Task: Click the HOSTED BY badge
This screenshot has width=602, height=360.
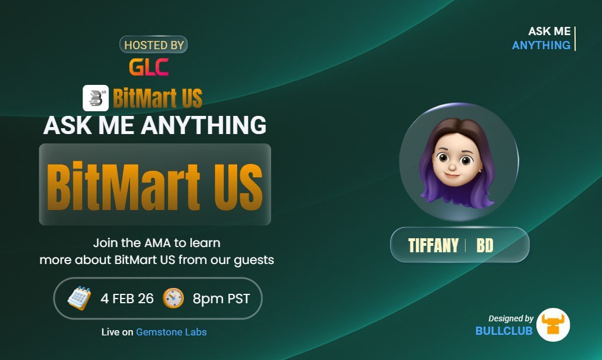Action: point(153,45)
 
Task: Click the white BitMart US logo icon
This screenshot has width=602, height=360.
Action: point(95,98)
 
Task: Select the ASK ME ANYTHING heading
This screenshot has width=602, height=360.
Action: point(155,125)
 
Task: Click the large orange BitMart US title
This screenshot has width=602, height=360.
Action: point(155,184)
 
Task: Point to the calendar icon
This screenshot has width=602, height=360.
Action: point(79,299)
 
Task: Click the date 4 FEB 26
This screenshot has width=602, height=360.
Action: point(127,299)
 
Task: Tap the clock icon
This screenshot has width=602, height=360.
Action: point(173,299)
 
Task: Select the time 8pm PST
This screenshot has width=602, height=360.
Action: point(221,299)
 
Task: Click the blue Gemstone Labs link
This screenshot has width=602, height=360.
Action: point(171,332)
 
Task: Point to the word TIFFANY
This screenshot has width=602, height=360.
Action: point(433,245)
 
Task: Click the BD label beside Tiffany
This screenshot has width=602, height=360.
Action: point(485,245)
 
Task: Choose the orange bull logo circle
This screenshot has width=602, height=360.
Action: point(553,325)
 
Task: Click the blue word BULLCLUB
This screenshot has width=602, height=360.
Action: point(504,331)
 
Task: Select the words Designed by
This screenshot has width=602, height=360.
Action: point(511,318)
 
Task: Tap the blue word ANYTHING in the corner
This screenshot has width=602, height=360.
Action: point(541,45)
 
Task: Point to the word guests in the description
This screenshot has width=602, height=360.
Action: point(254,259)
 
